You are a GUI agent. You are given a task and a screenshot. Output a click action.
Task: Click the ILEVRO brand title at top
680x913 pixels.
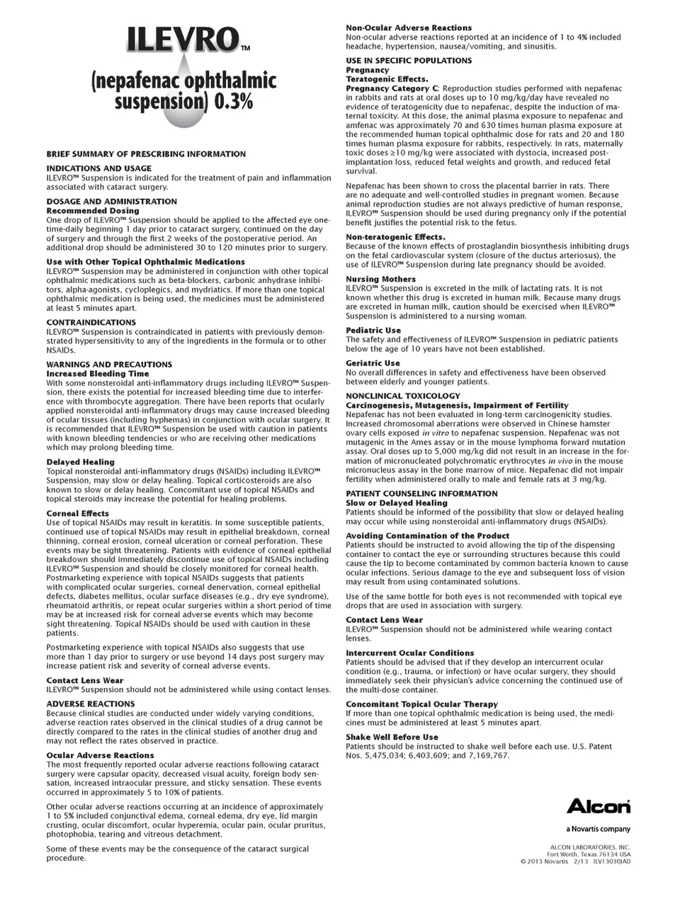coord(182,40)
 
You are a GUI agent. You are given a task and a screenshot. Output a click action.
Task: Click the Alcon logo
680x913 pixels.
coord(598,806)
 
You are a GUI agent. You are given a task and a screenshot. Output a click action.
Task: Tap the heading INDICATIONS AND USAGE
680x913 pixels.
coord(98,168)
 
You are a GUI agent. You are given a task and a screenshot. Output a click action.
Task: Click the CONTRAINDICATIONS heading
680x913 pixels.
coord(91,322)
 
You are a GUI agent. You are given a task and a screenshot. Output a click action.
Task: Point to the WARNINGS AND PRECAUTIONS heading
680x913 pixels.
coord(109,364)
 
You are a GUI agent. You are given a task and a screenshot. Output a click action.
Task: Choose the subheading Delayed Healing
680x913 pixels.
coord(80,461)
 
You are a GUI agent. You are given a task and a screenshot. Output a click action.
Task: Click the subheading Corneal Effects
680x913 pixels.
coord(78,513)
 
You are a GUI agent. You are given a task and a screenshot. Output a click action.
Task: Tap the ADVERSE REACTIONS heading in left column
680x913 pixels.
coord(90,704)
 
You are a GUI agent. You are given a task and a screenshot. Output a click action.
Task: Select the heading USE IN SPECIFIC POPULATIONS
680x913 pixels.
coord(409,60)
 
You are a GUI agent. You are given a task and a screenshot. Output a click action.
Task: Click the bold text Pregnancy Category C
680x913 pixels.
coord(387,88)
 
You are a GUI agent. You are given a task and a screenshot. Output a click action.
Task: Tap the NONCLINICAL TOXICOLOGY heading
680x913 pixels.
coord(402,396)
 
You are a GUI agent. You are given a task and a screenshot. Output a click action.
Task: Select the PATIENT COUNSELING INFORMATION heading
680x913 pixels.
coord(421,493)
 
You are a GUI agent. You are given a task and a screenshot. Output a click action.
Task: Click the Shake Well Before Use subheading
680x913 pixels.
coord(392,737)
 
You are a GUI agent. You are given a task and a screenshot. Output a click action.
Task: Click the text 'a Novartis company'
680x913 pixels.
coord(598,829)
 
